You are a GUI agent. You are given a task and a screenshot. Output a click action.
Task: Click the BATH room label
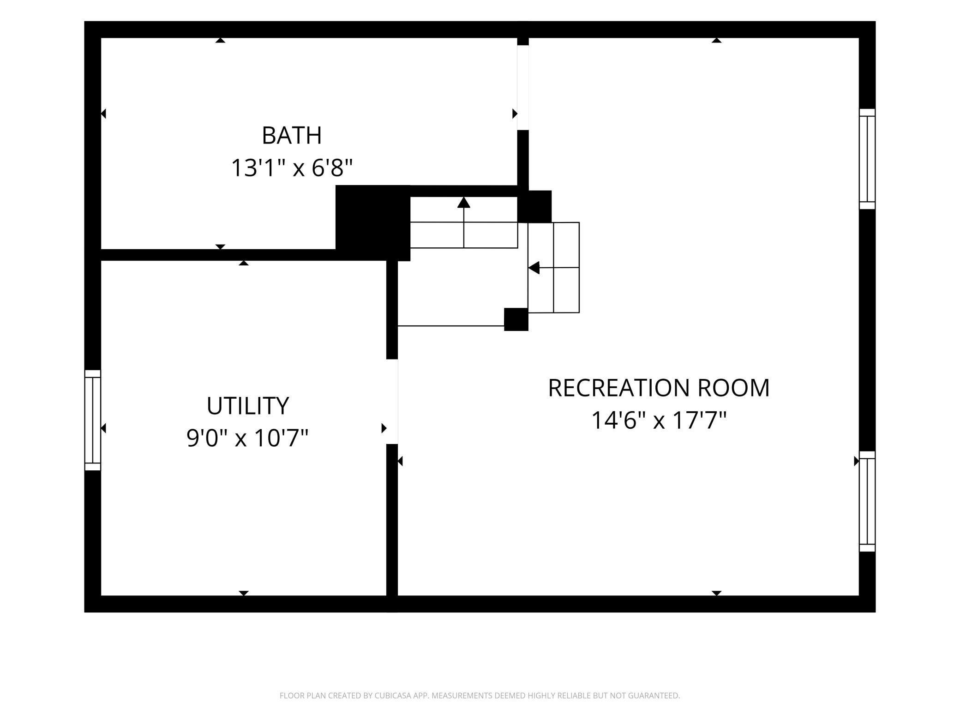292,135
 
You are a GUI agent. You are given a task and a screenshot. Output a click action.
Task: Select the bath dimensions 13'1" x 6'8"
292,168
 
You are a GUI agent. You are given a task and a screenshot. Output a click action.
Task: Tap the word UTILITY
247,406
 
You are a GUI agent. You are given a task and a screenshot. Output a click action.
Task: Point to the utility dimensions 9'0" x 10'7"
247,438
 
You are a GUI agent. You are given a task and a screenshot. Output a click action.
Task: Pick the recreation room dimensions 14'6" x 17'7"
659,420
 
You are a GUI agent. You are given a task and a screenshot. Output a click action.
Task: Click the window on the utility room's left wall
93,420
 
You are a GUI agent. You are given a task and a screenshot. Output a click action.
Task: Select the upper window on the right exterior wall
867,159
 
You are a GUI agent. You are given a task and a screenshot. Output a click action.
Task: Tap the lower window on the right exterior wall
867,501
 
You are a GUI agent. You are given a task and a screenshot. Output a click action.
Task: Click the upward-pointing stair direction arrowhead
464,202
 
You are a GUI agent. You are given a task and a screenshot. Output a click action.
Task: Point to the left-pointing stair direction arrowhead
534,268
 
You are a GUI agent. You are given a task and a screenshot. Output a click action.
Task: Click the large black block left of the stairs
373,223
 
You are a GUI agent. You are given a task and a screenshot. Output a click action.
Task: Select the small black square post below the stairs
516,319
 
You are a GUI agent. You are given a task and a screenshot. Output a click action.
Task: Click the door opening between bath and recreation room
523,88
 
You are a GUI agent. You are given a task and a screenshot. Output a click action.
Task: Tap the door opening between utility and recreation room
392,402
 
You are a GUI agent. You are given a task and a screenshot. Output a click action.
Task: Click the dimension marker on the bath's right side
515,114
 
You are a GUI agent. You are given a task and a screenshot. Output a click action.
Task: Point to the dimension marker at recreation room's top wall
716,40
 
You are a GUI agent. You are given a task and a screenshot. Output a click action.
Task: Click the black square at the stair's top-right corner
534,206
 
